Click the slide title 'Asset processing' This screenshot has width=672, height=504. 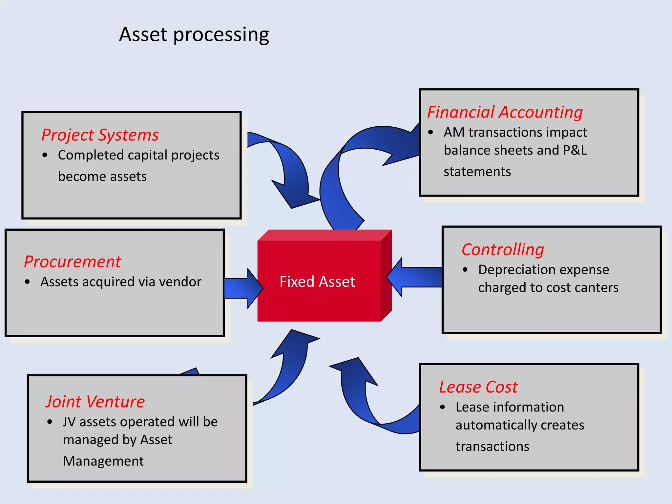(x=194, y=35)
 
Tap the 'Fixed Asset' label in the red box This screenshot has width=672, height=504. (x=317, y=282)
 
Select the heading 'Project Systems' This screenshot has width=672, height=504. (x=100, y=135)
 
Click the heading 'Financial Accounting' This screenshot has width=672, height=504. (x=505, y=112)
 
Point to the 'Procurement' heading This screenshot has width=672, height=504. (x=73, y=262)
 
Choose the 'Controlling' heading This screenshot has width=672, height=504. (x=503, y=250)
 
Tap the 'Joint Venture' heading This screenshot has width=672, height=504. (x=95, y=402)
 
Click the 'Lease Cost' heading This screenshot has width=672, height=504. (x=478, y=387)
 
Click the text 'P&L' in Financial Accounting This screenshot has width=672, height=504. (x=575, y=150)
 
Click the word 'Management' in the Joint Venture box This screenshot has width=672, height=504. (x=103, y=461)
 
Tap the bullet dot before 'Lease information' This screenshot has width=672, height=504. (x=442, y=408)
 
